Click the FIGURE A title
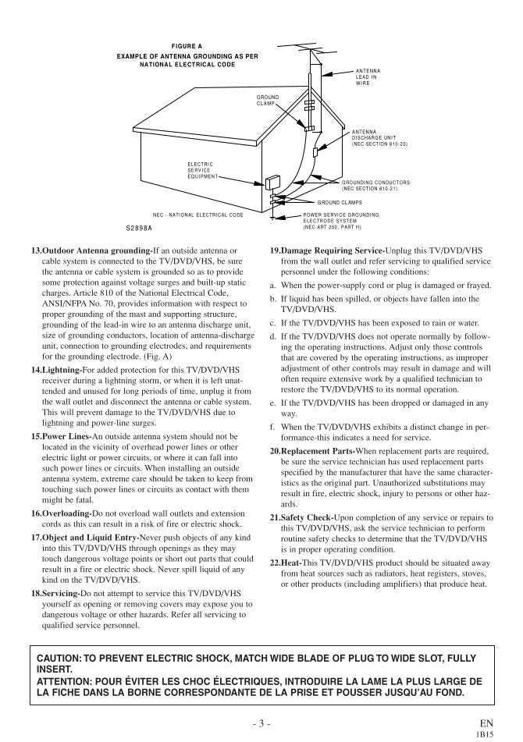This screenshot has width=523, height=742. click(x=187, y=46)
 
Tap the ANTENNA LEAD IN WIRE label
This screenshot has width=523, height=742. click(x=368, y=76)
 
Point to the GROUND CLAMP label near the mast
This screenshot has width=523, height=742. click(x=268, y=100)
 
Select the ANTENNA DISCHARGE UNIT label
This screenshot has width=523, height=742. click(x=379, y=138)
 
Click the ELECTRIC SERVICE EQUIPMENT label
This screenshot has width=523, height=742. click(x=201, y=170)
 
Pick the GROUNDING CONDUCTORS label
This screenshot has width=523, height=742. click(x=375, y=185)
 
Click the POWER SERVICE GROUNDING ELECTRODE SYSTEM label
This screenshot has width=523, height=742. click(x=340, y=220)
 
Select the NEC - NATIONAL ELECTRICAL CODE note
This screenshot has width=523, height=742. click(x=197, y=214)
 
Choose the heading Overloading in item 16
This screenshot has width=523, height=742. click(x=65, y=513)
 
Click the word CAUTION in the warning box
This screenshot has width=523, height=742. click(x=59, y=659)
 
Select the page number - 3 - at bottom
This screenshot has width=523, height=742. click(x=261, y=723)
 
